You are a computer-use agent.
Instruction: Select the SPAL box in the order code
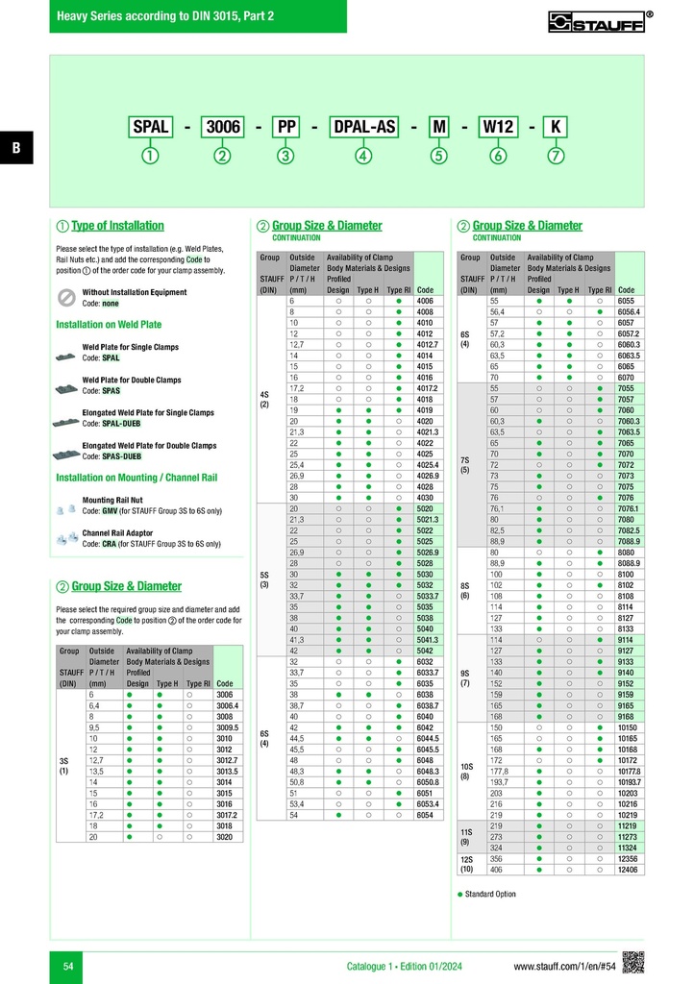pyautogui.click(x=151, y=127)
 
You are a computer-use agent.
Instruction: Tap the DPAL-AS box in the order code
pyautogui.click(x=363, y=127)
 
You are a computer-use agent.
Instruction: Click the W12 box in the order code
pyautogui.click(x=498, y=127)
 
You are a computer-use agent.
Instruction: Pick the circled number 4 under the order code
pyautogui.click(x=363, y=156)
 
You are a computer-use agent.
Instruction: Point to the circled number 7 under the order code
pyautogui.click(x=556, y=156)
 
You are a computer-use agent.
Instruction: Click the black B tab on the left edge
pyautogui.click(x=16, y=147)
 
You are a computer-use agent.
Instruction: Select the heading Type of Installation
pyautogui.click(x=117, y=226)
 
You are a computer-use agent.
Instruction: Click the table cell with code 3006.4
pyautogui.click(x=228, y=706)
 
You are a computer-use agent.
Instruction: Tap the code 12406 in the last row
pyautogui.click(x=628, y=869)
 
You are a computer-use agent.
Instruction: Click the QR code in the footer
pyautogui.click(x=632, y=962)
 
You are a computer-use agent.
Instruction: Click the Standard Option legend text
pyautogui.click(x=491, y=894)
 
